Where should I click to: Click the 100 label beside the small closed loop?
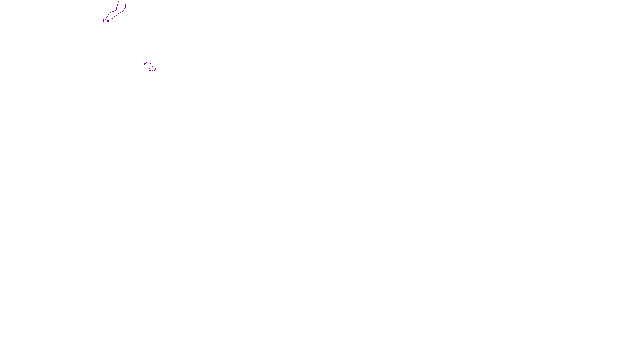pos(152,70)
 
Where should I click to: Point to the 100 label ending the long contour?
pos(106,21)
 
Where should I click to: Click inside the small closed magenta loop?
pos(148,65)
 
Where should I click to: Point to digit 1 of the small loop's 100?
pos(150,70)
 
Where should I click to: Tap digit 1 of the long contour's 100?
pos(103,21)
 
